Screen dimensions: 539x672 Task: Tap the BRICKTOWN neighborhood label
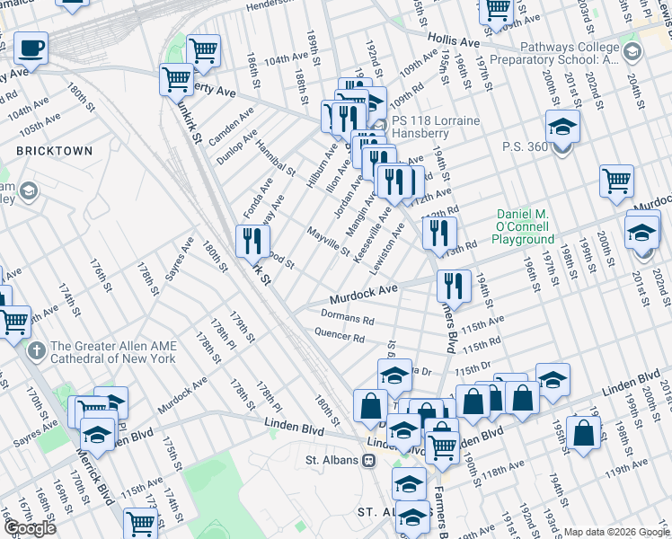coord(54,151)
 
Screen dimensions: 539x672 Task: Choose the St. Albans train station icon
coord(368,461)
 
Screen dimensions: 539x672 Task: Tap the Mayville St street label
coord(327,243)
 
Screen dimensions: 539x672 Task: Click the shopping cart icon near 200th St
coord(617,181)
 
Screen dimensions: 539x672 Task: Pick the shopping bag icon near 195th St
coord(583,433)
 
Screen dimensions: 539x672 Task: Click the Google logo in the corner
coord(31,527)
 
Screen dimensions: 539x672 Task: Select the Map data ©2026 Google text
coord(616,532)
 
